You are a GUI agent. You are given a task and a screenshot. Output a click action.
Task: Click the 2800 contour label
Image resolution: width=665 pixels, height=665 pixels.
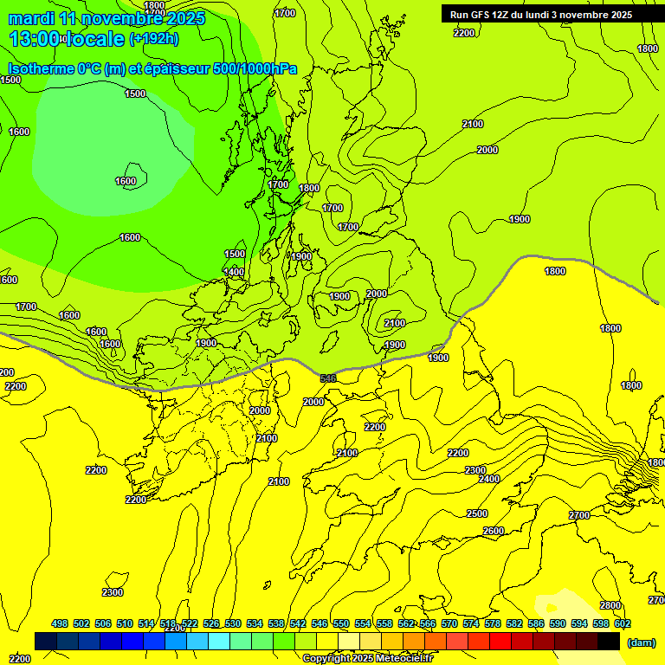coord(610,605)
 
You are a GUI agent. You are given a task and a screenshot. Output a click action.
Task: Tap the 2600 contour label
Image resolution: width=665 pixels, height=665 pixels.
coord(494,531)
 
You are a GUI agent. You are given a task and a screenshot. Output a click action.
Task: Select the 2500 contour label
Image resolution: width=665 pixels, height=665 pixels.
coord(477,513)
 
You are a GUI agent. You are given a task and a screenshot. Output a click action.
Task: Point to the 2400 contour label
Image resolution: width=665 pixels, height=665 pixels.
coord(489,479)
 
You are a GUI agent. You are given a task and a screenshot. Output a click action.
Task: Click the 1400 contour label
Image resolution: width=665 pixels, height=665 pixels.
coord(234,272)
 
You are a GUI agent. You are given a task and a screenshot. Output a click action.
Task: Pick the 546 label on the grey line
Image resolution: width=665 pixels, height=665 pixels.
coord(328,378)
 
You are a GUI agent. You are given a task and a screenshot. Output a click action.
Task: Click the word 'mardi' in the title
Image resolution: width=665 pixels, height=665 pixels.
coord(33,18)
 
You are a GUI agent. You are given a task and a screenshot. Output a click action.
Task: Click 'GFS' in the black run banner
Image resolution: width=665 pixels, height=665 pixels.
coord(482,15)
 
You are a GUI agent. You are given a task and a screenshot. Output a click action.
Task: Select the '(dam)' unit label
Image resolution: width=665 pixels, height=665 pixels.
coord(641,642)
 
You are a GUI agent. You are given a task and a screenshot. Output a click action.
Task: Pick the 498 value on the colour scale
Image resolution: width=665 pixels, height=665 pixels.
coord(60,623)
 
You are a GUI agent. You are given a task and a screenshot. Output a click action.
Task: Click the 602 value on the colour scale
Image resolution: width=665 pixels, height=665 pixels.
coord(623,623)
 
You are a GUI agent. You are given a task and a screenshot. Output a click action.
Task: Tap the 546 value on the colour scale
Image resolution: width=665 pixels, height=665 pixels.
coord(320,623)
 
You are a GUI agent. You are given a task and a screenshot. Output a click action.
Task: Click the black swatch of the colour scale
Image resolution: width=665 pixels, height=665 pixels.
coord(609,642)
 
